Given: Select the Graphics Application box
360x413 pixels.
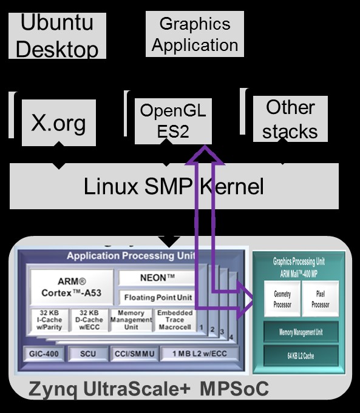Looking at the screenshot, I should click(195, 35).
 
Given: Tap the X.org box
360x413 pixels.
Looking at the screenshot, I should click(58, 123).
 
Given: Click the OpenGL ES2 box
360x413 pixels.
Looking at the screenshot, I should click(173, 121).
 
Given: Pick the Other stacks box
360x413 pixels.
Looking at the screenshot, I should click(290, 119).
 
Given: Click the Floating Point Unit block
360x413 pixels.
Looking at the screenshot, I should click(158, 297).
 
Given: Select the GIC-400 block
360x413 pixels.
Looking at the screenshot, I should click(44, 354).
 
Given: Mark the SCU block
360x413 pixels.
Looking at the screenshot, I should click(87, 354).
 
